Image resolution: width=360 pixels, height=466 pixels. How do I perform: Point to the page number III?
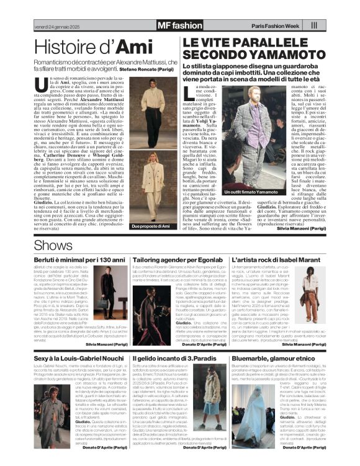pos(314,25)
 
